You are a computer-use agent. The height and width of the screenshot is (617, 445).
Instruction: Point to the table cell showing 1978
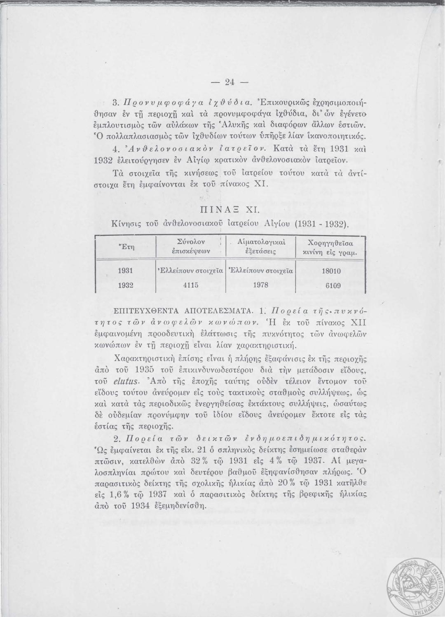click(x=260, y=285)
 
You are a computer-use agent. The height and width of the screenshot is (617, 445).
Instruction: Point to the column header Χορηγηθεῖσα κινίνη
click(x=333, y=247)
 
